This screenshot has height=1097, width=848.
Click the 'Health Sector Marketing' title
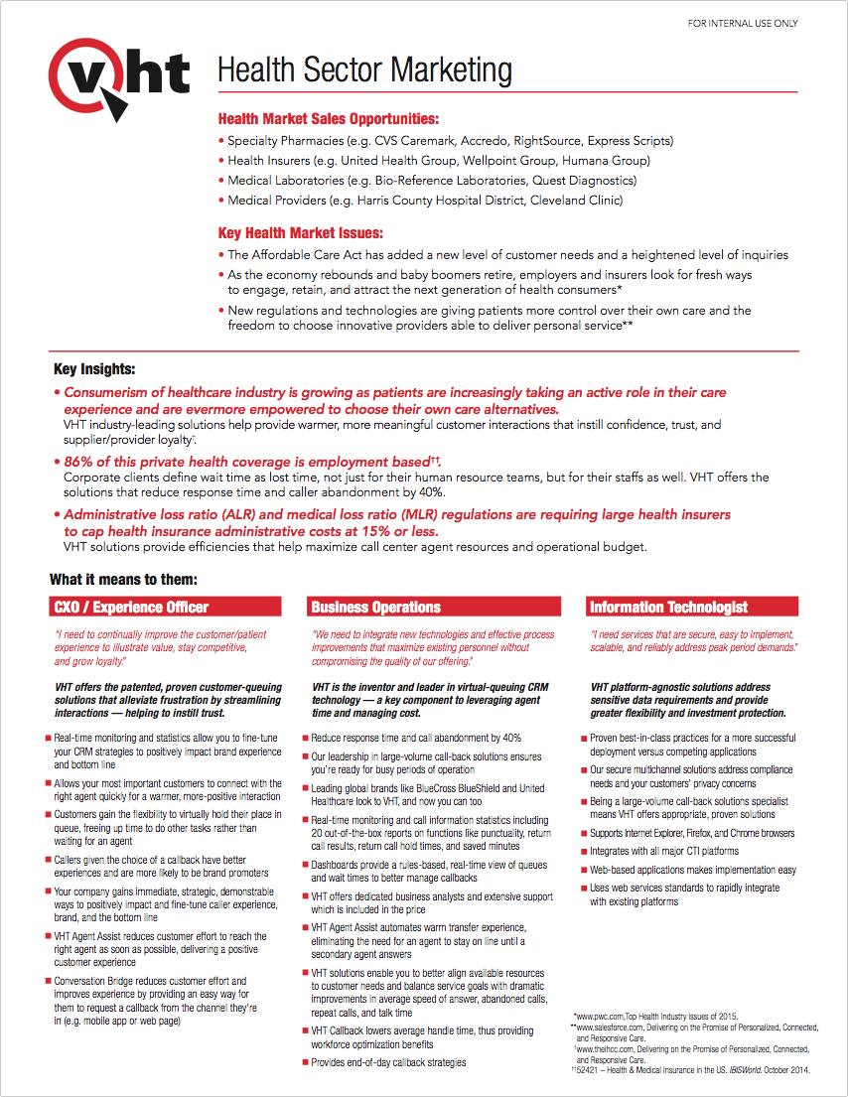pos(364,70)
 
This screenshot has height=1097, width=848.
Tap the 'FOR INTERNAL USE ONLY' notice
pos(743,24)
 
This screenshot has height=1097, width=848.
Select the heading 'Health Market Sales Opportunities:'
pos(328,119)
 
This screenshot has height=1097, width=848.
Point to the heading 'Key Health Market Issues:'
pos(300,233)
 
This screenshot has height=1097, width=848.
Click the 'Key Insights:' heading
pos(94,369)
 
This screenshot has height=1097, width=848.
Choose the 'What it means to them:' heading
pos(123,579)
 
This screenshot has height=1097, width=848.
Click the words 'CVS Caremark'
pos(419,141)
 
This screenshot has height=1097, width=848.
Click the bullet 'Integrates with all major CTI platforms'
pos(664,852)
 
